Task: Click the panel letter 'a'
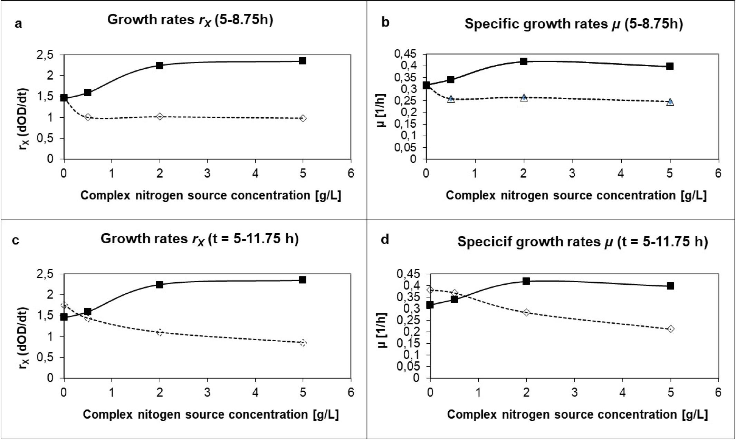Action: tap(18, 24)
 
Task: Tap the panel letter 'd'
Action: tap(385, 239)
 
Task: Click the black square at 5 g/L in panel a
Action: tap(303, 61)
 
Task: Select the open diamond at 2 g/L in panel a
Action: tap(160, 117)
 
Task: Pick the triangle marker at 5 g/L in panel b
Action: tap(670, 102)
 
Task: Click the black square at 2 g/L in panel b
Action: tap(524, 61)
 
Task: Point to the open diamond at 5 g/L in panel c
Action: tap(303, 343)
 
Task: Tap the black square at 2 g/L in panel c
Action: tap(160, 285)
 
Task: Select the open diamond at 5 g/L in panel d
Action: tap(671, 329)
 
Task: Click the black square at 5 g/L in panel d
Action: tap(670, 286)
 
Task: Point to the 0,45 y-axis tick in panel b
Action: tap(407, 54)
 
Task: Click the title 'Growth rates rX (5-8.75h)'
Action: tap(190, 20)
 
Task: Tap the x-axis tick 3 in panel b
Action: tap(572, 173)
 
